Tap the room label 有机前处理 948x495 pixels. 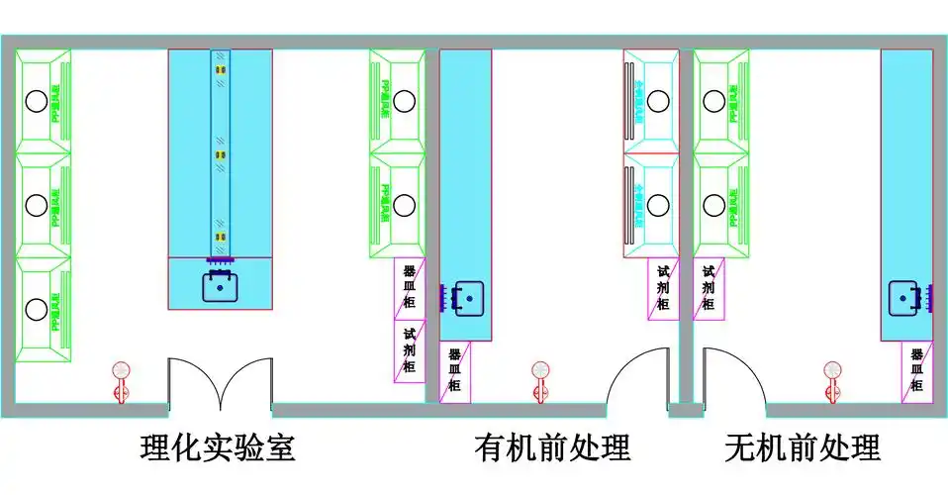(x=551, y=448)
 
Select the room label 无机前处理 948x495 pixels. (x=802, y=448)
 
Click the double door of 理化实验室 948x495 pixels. (x=219, y=382)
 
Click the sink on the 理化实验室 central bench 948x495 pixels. (x=220, y=286)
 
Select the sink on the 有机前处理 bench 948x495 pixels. (x=468, y=296)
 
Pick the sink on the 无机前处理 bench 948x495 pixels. (x=904, y=296)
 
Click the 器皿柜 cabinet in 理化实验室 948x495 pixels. (x=410, y=289)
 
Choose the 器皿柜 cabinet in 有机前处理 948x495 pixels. (x=455, y=371)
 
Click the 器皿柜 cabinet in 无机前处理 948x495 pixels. (x=916, y=371)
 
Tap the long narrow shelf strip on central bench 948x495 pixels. (x=220, y=153)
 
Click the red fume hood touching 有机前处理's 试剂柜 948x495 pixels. (x=650, y=205)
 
